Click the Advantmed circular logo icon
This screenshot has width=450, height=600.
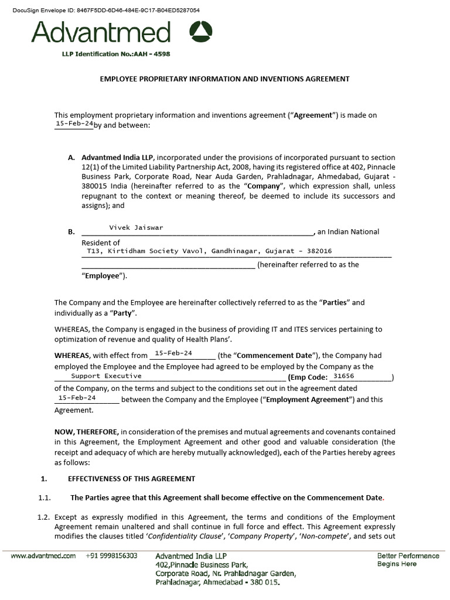(201, 32)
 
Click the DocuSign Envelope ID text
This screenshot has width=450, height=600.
(106, 11)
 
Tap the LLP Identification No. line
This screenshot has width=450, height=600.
(116, 54)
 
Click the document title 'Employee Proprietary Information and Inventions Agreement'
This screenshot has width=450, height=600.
(224, 79)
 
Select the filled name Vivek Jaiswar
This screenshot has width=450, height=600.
(136, 227)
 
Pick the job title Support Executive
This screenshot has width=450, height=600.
(106, 376)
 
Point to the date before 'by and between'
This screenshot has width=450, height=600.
(74, 124)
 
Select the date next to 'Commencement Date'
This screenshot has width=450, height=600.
(173, 353)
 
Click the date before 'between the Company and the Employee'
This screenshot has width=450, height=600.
(77, 397)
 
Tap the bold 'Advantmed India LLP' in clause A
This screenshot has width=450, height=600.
(117, 158)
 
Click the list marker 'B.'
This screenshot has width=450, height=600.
(71, 232)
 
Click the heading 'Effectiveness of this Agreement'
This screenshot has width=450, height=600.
(131, 479)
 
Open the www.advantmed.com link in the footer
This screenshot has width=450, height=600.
(43, 556)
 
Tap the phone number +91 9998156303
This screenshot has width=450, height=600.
(111, 556)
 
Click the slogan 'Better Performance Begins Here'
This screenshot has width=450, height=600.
(408, 560)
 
